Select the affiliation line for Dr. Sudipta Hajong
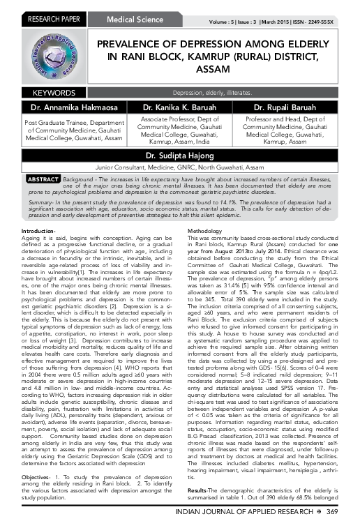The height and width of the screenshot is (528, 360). (x=181, y=168)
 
